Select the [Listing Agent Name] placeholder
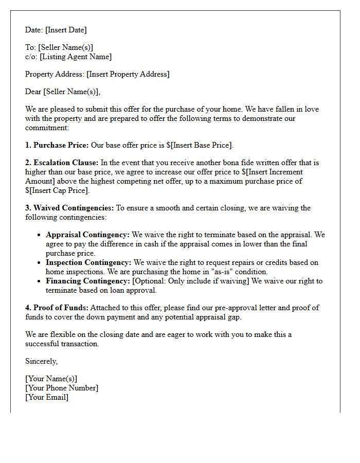[76, 57]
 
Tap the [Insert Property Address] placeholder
[128, 74]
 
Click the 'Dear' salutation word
[33, 92]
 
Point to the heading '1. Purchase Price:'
[57, 145]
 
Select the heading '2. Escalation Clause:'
[62, 163]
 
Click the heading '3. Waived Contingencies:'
[69, 208]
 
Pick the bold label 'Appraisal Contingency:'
[88, 235]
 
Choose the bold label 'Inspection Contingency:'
[88, 262]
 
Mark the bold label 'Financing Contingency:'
[88, 281]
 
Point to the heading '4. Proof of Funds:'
[57, 308]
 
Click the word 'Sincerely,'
[42, 361]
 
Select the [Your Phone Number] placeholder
[62, 388]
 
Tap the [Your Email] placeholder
[47, 397]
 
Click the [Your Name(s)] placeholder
[51, 379]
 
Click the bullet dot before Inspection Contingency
[40, 263]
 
